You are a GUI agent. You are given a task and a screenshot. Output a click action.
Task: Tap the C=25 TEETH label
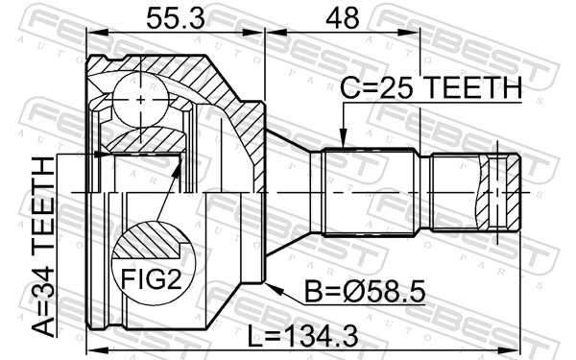coord(431,88)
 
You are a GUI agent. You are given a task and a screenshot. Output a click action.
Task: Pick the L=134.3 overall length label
coord(316,338)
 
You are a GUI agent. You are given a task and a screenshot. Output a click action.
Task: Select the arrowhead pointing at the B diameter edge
coord(271,283)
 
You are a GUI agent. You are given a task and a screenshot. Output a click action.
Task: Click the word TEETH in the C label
coord(470,88)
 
